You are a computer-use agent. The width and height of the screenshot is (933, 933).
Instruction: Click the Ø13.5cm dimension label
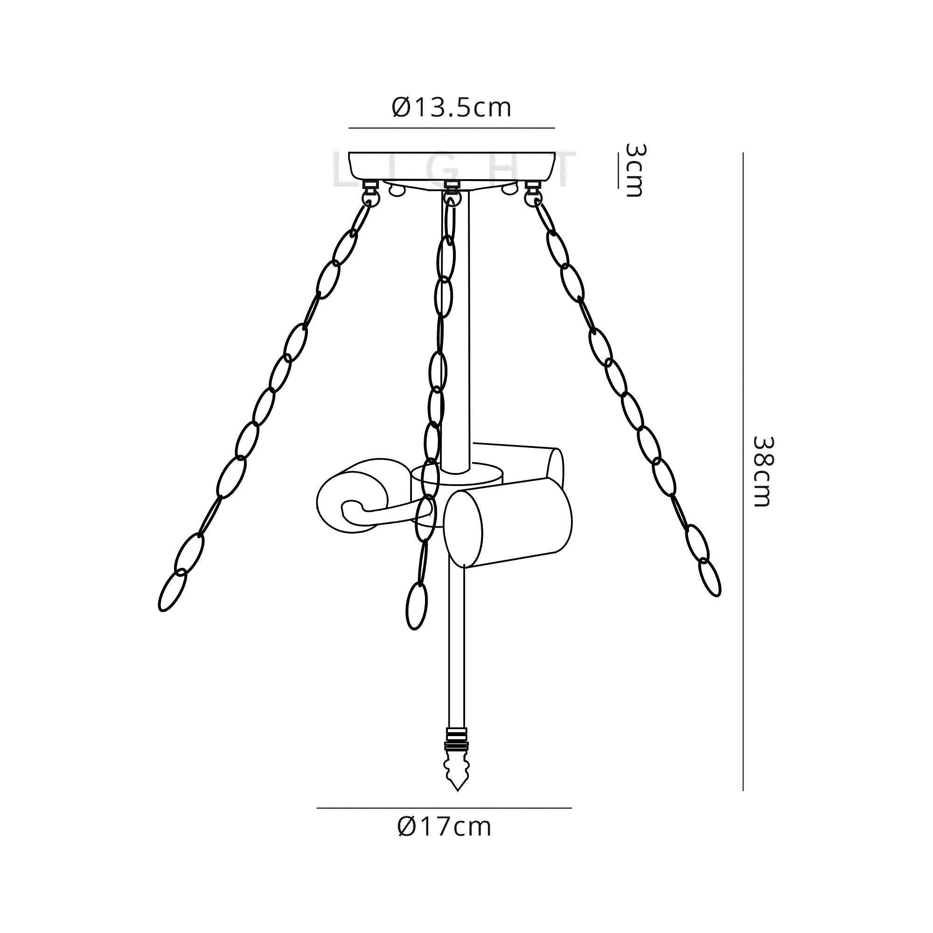click(451, 108)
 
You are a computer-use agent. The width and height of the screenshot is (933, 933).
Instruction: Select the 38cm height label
click(763, 471)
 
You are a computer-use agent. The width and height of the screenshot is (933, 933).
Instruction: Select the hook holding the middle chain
click(452, 192)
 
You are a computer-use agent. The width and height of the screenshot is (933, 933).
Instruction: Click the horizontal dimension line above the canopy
click(451, 128)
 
